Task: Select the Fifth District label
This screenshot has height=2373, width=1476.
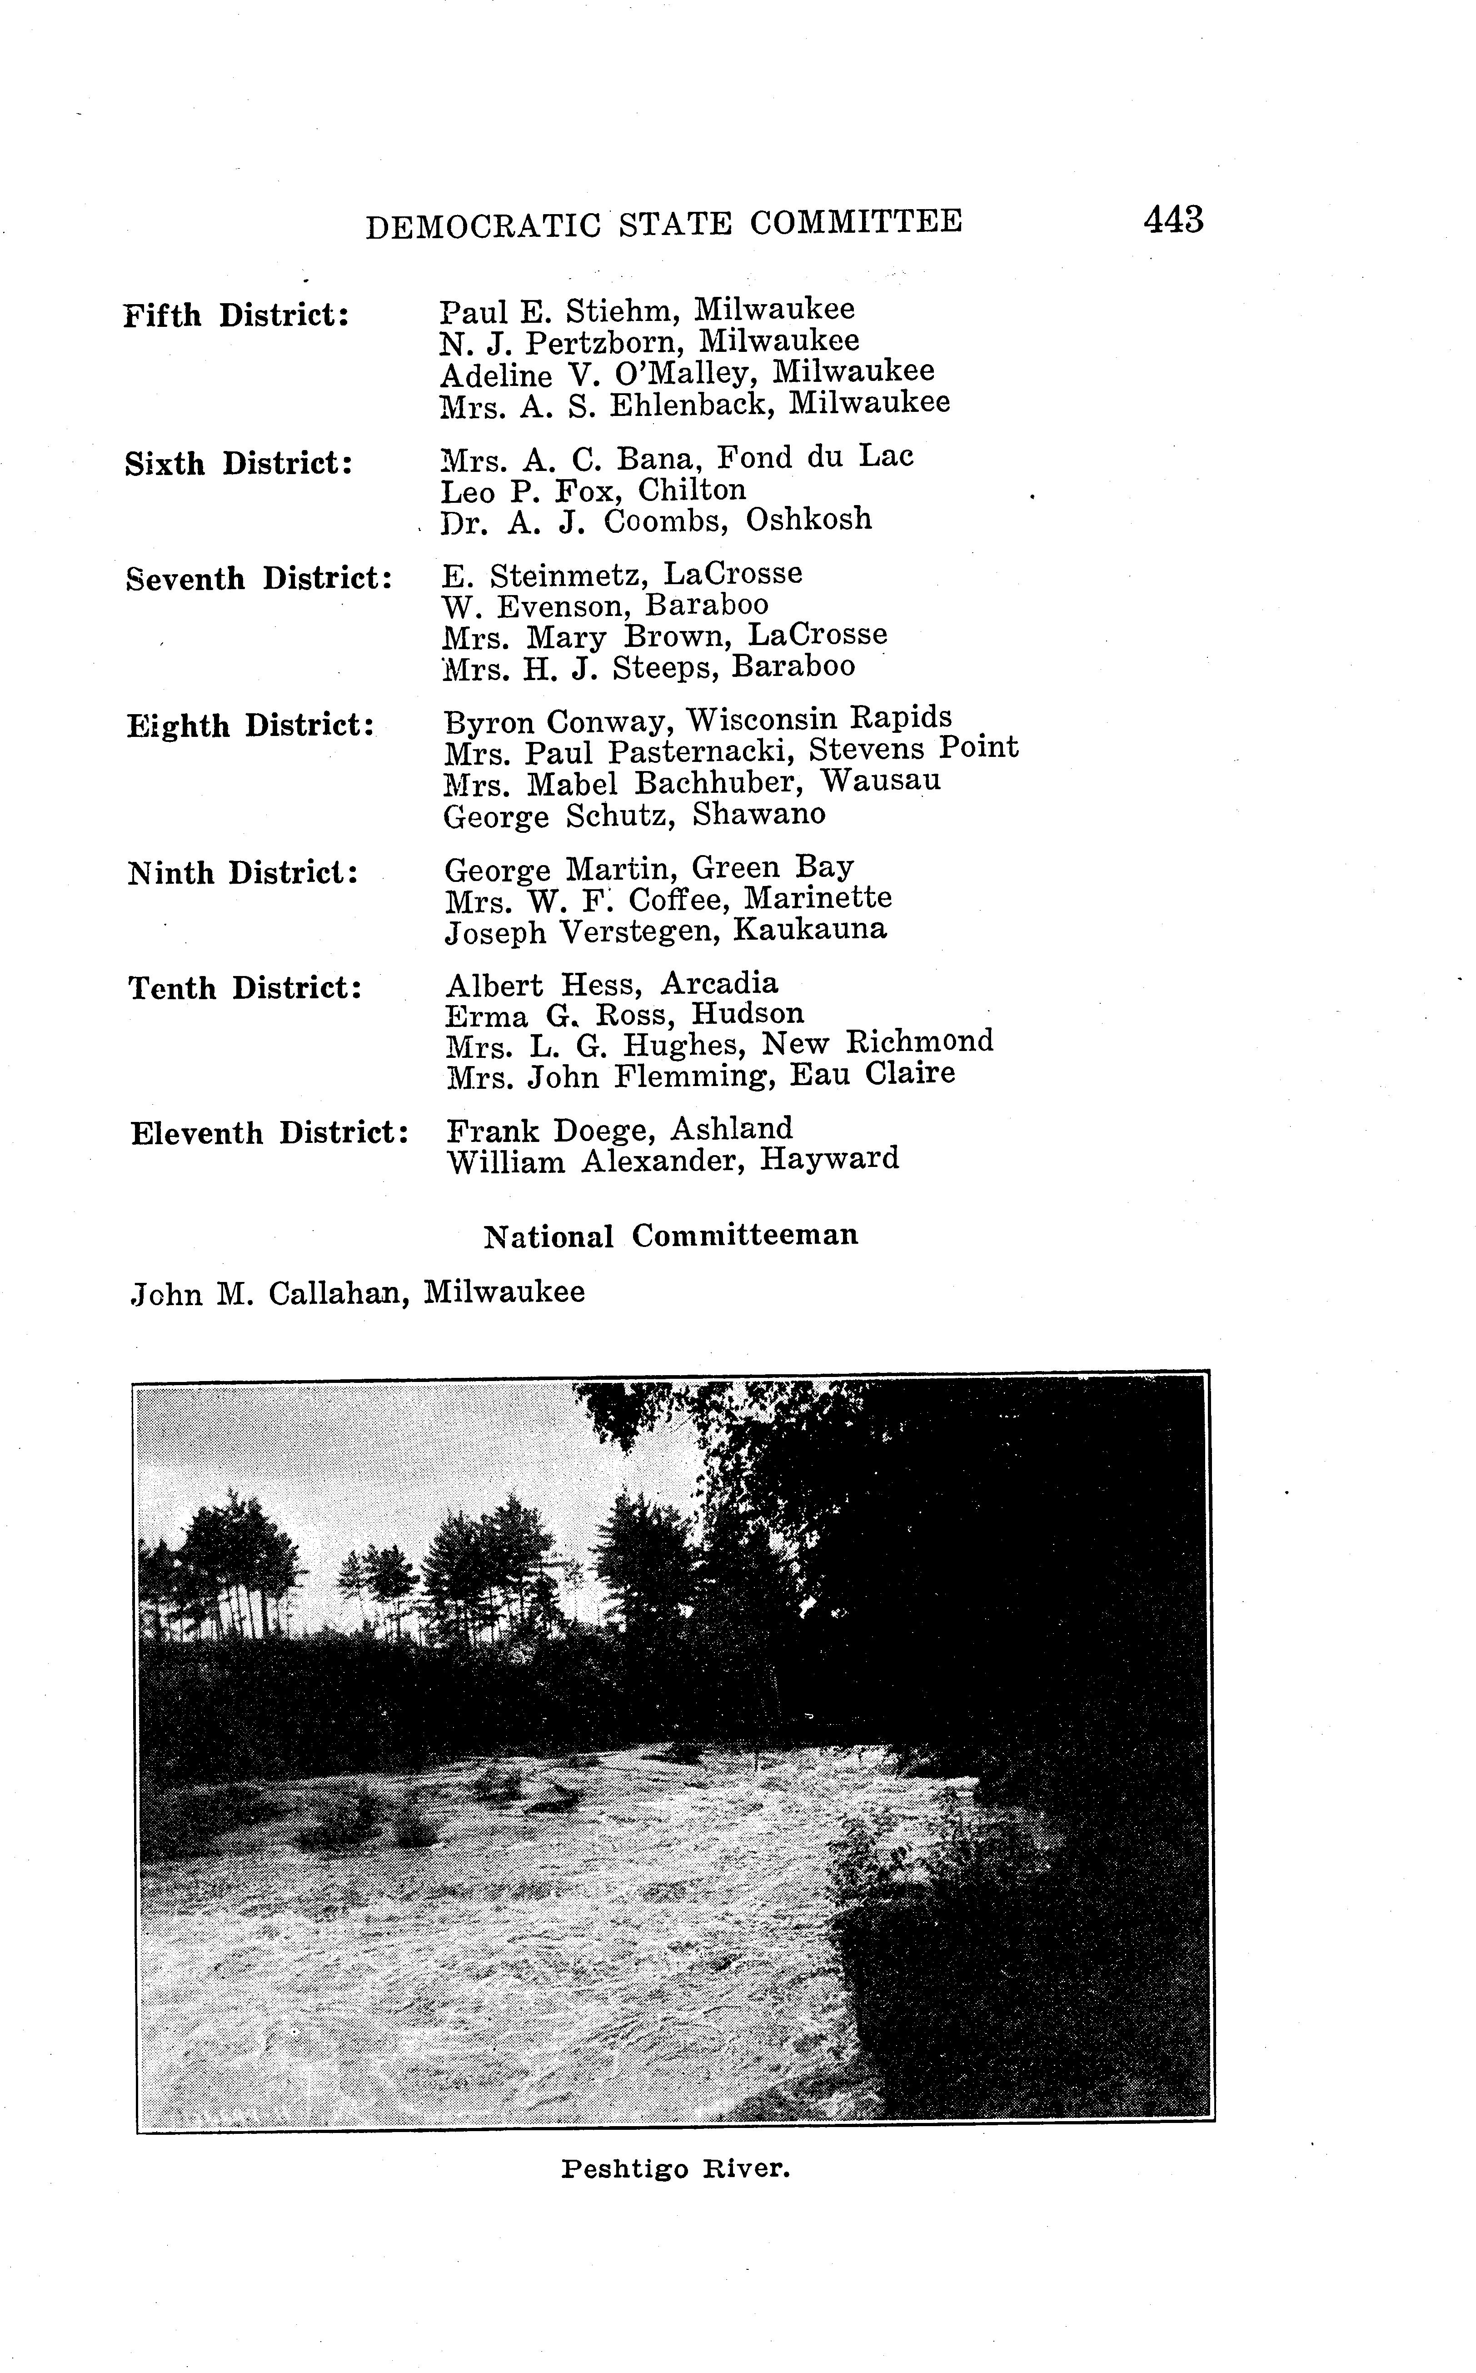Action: point(236,316)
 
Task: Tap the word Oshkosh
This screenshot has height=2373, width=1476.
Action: point(808,520)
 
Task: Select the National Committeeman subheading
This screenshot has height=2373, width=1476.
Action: point(672,1237)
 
